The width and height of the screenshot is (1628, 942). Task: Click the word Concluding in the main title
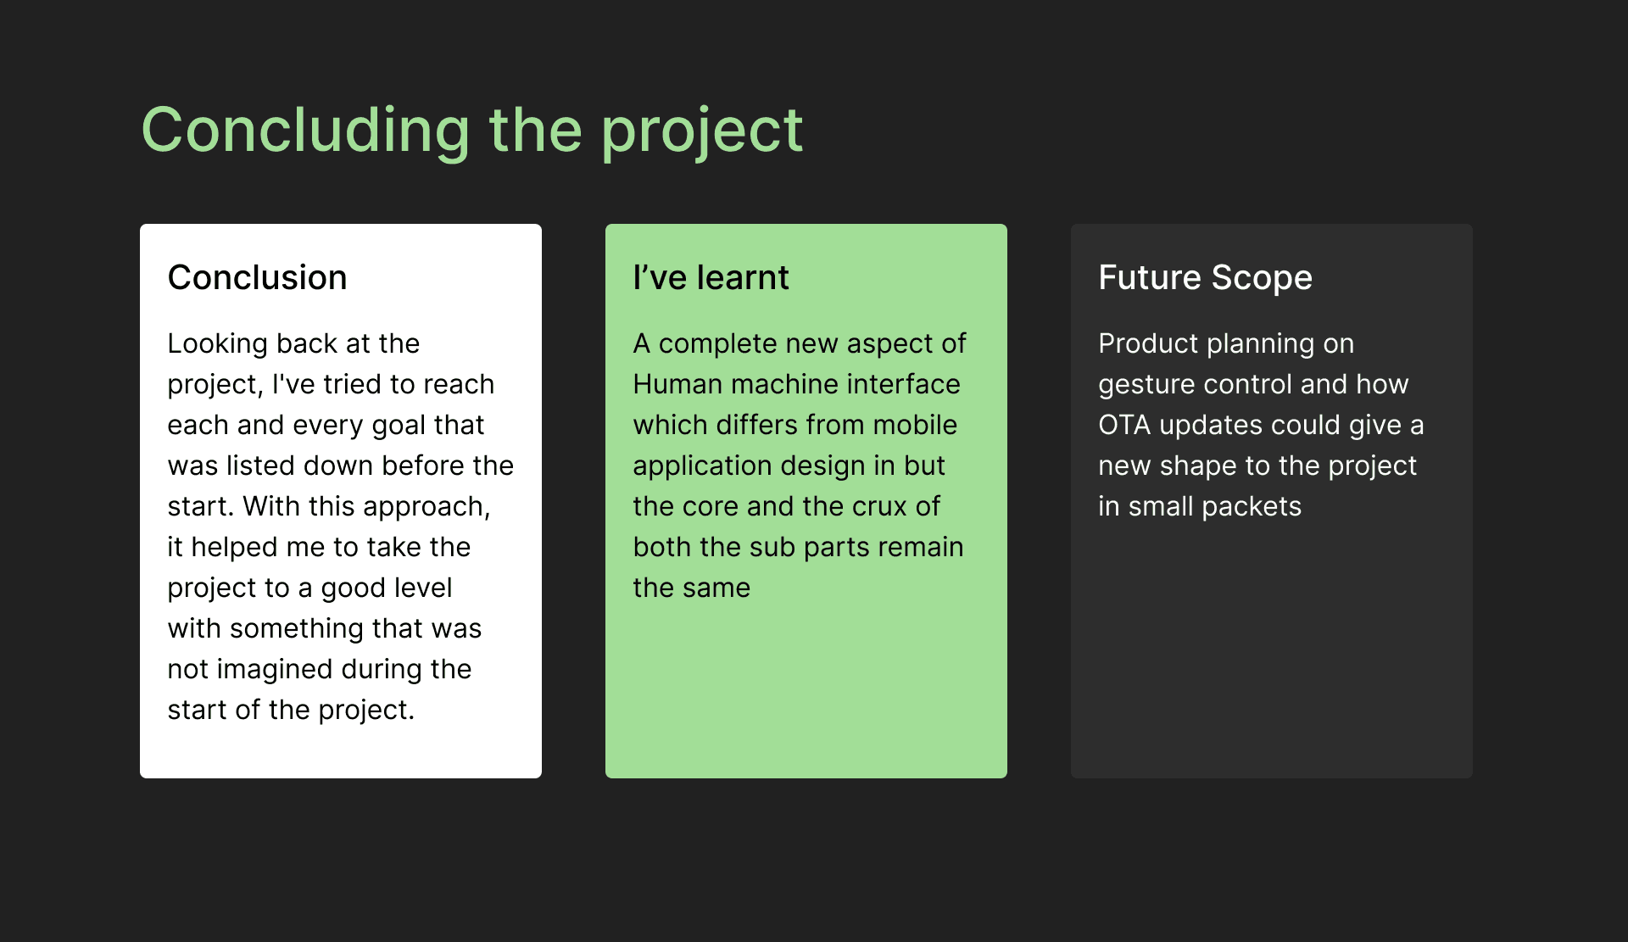click(305, 131)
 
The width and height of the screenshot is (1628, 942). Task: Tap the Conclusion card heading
click(257, 277)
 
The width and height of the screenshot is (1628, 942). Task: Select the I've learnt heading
click(711, 277)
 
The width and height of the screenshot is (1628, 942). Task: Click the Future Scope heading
click(1205, 278)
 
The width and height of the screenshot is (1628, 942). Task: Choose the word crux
click(879, 506)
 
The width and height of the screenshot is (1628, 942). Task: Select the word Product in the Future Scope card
click(1148, 343)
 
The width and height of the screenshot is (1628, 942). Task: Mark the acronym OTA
click(1124, 425)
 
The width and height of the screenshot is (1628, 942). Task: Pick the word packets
click(1251, 507)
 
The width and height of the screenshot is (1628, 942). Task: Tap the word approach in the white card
click(427, 507)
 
